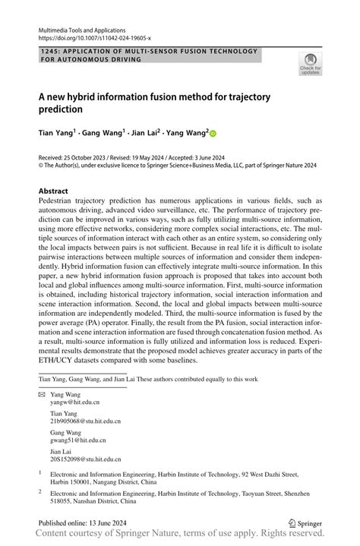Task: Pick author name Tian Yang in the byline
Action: (56, 132)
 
